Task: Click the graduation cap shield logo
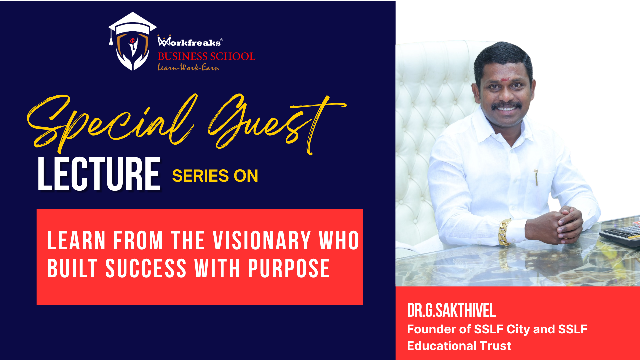(x=133, y=41)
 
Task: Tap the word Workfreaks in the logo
(x=190, y=41)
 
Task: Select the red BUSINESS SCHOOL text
(x=207, y=56)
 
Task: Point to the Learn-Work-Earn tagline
(x=188, y=67)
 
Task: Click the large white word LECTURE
(x=99, y=174)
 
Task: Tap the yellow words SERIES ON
(x=215, y=176)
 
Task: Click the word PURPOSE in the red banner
(x=289, y=268)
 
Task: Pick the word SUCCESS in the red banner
(x=146, y=268)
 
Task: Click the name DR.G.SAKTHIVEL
(x=451, y=310)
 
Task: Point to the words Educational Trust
(x=459, y=346)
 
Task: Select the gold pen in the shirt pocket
(x=536, y=177)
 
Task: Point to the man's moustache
(x=506, y=105)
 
